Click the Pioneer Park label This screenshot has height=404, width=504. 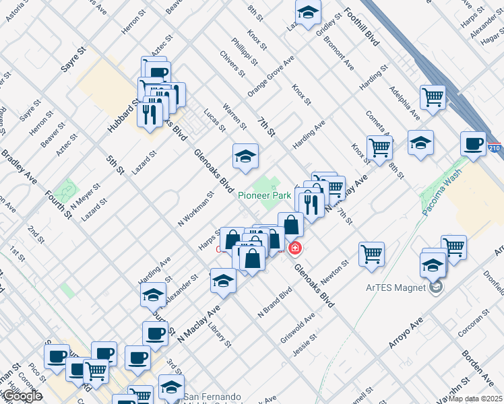(x=263, y=195)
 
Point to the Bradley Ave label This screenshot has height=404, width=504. (x=19, y=168)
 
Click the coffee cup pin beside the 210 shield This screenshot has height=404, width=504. (x=473, y=143)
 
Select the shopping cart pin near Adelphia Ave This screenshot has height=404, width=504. (x=433, y=97)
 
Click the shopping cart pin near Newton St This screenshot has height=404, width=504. (x=371, y=255)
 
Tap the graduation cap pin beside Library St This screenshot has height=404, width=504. (x=223, y=281)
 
